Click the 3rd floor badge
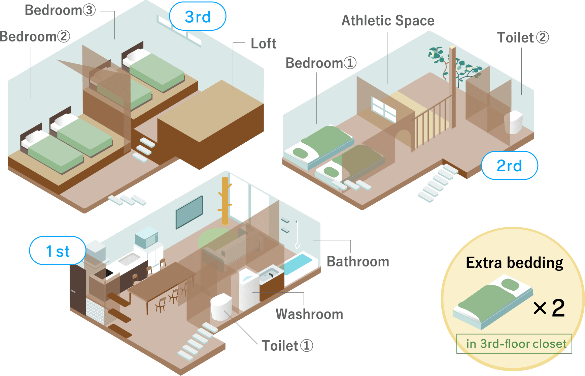click(x=198, y=17)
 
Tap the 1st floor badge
click(x=58, y=251)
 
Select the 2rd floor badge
click(x=509, y=166)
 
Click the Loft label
click(x=263, y=44)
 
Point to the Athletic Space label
click(x=388, y=21)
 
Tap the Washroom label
click(x=309, y=314)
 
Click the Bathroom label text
click(x=358, y=262)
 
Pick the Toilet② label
click(x=522, y=38)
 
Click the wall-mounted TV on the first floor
click(x=189, y=212)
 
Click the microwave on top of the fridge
click(x=146, y=236)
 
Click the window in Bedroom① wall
click(x=383, y=109)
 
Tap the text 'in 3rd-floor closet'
click(x=516, y=344)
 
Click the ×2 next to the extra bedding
click(x=549, y=308)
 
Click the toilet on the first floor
click(x=221, y=307)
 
